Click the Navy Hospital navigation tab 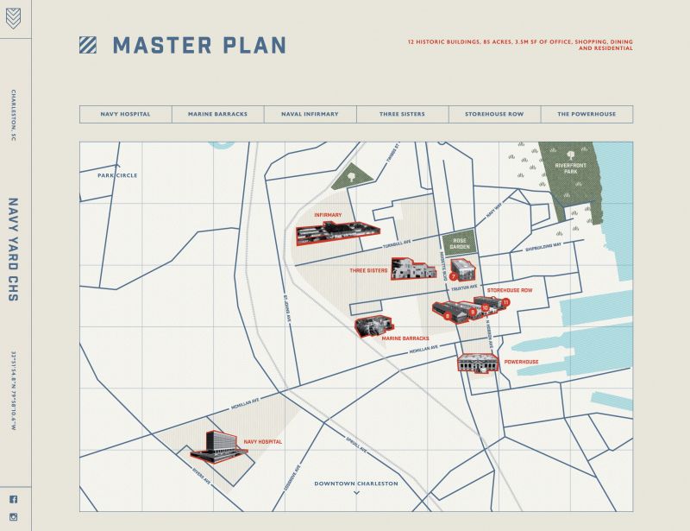[x=125, y=114]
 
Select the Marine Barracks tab [x=217, y=114]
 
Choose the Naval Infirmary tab [x=310, y=114]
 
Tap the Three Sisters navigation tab [x=402, y=114]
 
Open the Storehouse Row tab [x=494, y=114]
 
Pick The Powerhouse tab [x=586, y=114]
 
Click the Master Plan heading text [x=199, y=46]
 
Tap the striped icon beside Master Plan [x=88, y=45]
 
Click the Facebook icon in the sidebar [x=13, y=499]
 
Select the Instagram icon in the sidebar [x=13, y=516]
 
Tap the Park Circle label [x=117, y=175]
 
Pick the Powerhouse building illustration [x=479, y=363]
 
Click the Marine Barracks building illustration [x=373, y=326]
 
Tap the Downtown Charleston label [x=355, y=484]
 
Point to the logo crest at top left [x=13, y=18]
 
